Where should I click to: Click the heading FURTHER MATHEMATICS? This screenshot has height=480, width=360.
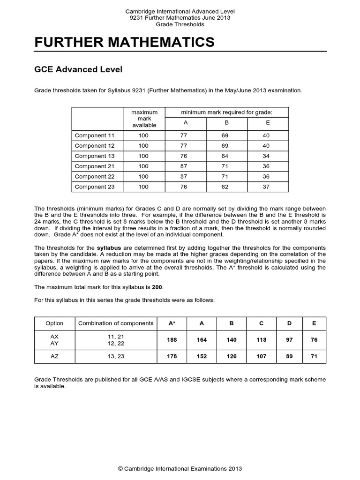coord(124,42)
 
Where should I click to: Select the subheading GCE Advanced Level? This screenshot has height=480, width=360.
coord(78,69)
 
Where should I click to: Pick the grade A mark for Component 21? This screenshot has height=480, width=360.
coord(183,166)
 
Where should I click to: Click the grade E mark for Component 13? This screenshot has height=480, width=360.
coord(266,156)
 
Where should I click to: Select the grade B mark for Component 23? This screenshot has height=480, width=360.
coord(226,187)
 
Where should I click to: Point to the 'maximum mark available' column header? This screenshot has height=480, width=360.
coord(143,119)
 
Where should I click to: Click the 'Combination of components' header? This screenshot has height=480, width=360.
coord(116,323)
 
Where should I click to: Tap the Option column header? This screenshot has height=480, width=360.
coord(54,323)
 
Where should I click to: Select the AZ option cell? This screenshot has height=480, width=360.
coord(54,357)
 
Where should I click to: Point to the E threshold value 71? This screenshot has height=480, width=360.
coord(314,357)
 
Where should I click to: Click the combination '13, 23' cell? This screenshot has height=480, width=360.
coord(116,357)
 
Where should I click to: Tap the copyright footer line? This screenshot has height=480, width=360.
coord(180,468)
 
